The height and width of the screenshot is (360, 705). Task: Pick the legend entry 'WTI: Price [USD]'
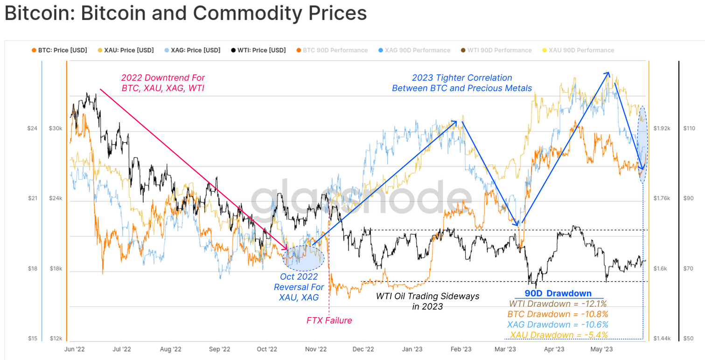pos(261,50)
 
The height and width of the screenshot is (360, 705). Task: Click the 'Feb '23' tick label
pos(460,348)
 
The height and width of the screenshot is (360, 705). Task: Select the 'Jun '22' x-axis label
pos(74,348)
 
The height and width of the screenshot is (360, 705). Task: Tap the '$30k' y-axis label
pos(56,128)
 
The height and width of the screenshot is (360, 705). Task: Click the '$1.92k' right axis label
pos(662,128)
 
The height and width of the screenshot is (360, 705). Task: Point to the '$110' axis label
pos(689,128)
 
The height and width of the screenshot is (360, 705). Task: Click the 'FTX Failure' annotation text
pos(329,320)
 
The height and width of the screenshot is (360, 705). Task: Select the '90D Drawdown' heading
pos(558,294)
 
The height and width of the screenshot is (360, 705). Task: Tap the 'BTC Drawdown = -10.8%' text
pos(558,314)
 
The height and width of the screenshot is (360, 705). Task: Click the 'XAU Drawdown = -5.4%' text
pos(558,335)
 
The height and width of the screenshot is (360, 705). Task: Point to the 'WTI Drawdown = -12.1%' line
pos(558,304)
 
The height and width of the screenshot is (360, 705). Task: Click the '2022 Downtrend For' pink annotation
pos(163,78)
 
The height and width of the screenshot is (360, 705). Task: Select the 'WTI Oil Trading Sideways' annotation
pos(427,296)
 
